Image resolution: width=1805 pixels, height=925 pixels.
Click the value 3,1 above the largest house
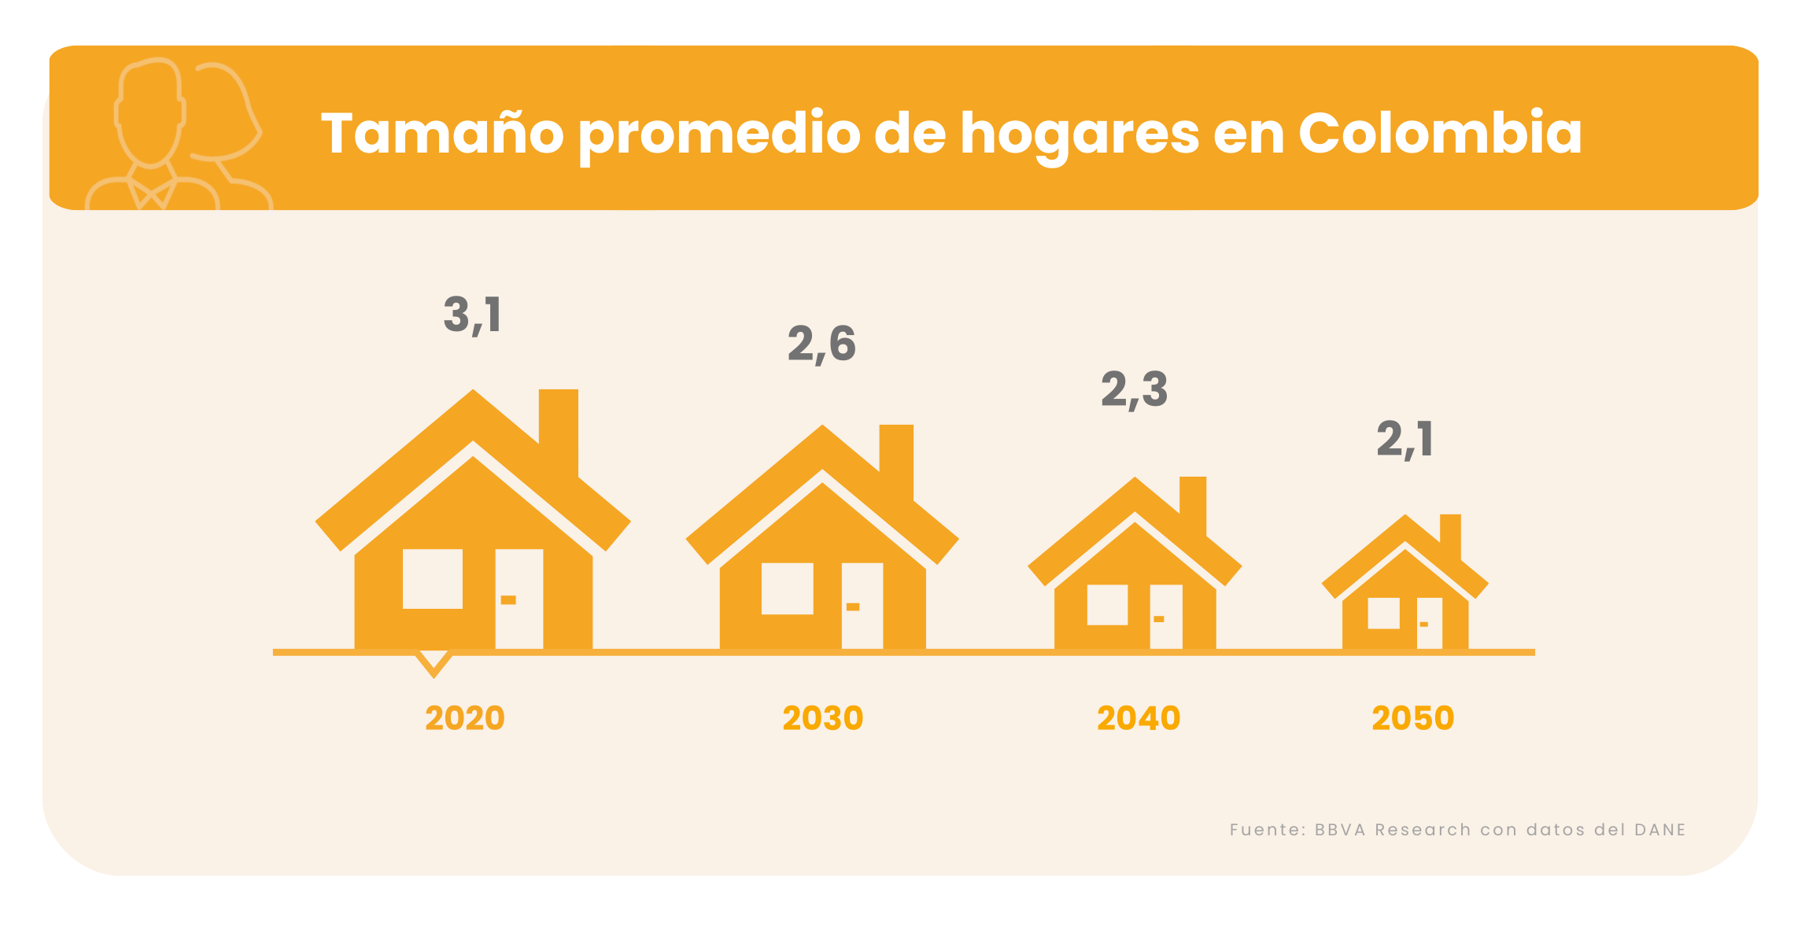click(x=472, y=315)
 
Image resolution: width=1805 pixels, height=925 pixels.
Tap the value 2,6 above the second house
click(x=821, y=345)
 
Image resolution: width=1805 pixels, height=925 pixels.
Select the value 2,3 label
click(x=1134, y=389)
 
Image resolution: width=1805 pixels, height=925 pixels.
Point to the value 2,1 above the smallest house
click(x=1405, y=439)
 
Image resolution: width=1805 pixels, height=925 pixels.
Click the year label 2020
click(x=464, y=718)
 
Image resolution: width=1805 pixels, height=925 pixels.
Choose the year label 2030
click(x=822, y=718)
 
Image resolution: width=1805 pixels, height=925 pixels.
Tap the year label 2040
click(x=1138, y=718)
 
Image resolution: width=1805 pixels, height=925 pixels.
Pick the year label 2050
click(x=1412, y=718)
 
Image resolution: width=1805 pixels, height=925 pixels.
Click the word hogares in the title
click(x=1079, y=134)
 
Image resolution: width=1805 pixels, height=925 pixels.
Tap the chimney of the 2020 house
click(x=559, y=429)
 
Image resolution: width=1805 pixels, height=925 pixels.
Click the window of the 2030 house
click(x=787, y=588)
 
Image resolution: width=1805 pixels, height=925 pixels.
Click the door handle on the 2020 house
click(x=508, y=600)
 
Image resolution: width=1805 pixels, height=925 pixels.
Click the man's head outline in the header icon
click(x=149, y=110)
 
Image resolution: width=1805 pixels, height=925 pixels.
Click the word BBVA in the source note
click(x=1340, y=830)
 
